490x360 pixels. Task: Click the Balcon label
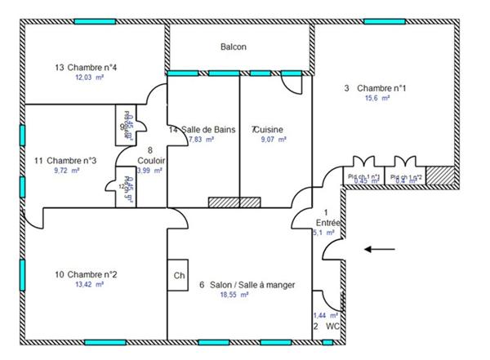coord(234,47)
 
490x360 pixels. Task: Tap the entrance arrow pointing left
coord(379,249)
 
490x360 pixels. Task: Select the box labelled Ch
coord(179,276)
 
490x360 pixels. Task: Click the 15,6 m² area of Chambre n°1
coord(376,98)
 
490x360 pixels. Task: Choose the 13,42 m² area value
coord(89,285)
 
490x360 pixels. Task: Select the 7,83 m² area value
coord(201,140)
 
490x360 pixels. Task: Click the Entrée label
coord(328,221)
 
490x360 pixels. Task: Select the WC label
coord(332,326)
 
